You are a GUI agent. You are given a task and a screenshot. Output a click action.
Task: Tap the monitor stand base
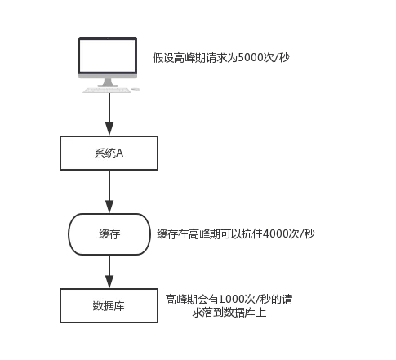coord(109,86)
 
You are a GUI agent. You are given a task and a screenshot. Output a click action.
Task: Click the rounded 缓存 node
coord(109,233)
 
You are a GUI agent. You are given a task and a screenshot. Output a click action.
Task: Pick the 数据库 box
coord(109,306)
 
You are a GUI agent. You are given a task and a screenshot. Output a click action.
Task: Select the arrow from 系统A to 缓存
coord(109,193)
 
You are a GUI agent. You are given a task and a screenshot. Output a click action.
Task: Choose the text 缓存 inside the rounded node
coord(109,233)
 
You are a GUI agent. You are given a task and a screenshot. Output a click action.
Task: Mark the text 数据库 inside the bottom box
coord(109,306)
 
